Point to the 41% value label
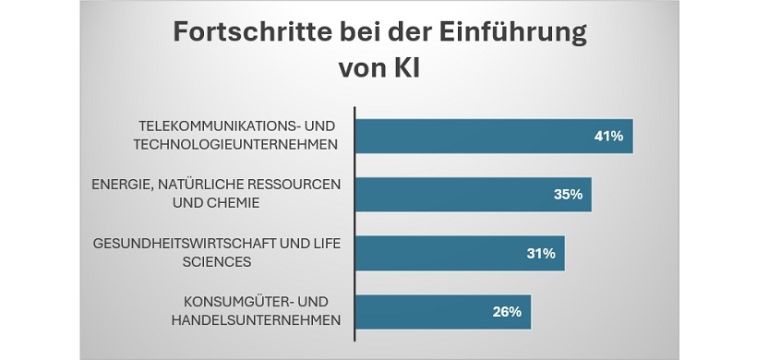pos(608,136)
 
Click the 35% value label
pos(567,194)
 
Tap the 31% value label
pos(540,253)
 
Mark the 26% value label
pos(507,311)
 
